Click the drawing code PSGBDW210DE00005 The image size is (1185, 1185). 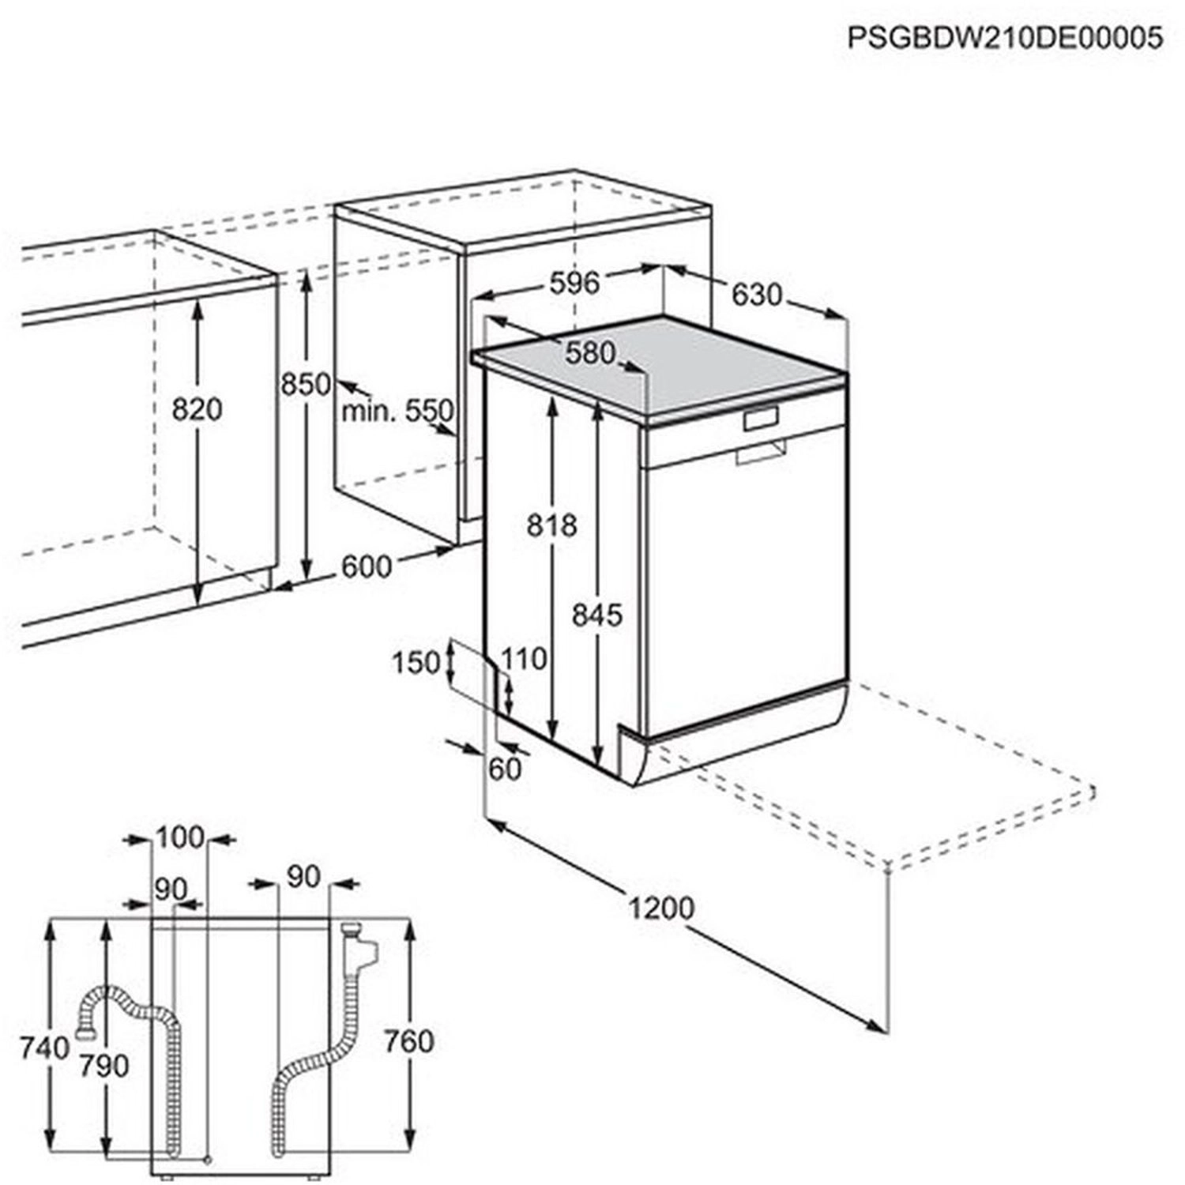pos(1005,37)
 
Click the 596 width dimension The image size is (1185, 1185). pos(574,282)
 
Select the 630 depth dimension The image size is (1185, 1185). pos(756,295)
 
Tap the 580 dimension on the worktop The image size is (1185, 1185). pos(589,352)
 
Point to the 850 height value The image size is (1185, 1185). pos(306,385)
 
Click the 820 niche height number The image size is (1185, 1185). pos(197,409)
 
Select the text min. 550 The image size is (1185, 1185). pos(398,411)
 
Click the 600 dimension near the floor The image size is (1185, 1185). pos(367,566)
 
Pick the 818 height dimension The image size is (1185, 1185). pos(552,525)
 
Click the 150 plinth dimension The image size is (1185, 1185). pos(416,662)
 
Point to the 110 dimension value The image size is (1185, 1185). pos(524,658)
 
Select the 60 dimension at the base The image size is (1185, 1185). pos(506,768)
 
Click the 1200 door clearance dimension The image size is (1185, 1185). pos(662,908)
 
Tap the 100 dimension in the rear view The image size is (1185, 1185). pos(180,837)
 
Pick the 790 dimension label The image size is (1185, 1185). pos(104,1066)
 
